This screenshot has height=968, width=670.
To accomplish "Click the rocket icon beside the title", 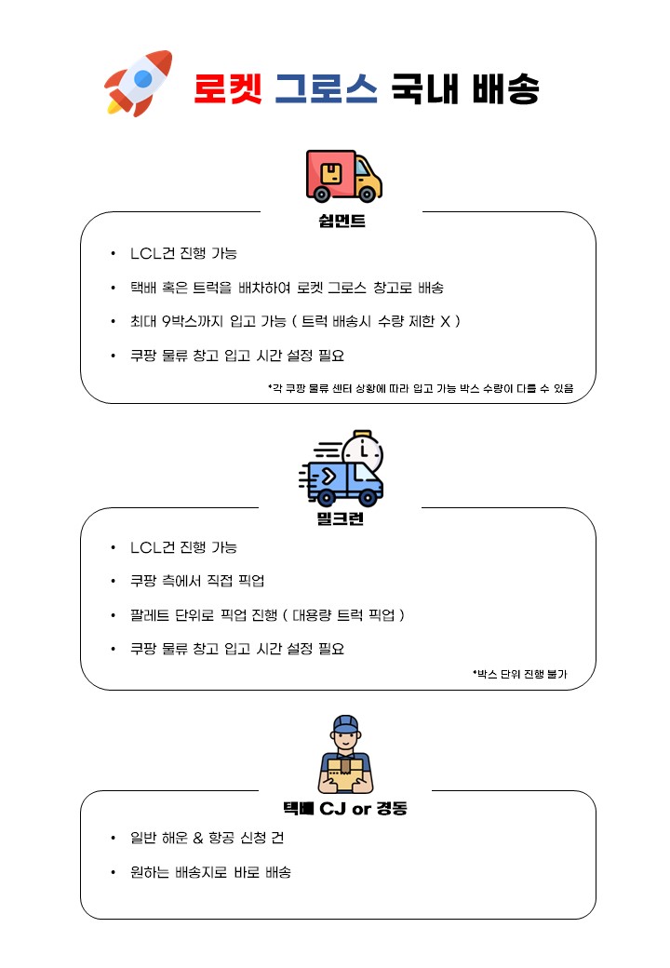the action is (139, 83).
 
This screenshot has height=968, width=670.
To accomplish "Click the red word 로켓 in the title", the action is (228, 88).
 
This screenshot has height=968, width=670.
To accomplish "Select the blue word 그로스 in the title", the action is (327, 88).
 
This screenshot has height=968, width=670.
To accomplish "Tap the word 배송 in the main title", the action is (506, 88).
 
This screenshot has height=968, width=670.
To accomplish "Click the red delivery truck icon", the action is (343, 176).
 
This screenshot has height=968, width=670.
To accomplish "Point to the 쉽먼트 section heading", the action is (342, 221).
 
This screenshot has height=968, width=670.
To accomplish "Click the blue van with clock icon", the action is (342, 468).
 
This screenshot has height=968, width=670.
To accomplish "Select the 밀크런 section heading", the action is (341, 518).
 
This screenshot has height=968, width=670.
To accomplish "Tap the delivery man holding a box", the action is (345, 755).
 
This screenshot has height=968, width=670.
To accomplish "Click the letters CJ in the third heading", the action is (332, 808).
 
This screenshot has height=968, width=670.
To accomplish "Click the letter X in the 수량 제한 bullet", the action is (445, 321).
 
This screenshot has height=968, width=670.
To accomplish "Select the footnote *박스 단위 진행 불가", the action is (519, 674).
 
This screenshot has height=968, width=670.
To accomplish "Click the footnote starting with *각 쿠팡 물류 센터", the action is (421, 388).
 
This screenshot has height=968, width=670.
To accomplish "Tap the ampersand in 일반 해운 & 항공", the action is (198, 838).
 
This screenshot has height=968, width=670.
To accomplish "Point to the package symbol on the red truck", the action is (332, 173).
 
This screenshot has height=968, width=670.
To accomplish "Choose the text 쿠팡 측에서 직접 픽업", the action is (197, 581).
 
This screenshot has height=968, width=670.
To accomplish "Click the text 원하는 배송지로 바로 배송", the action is (210, 872).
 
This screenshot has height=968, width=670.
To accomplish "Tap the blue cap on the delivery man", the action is (345, 723).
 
